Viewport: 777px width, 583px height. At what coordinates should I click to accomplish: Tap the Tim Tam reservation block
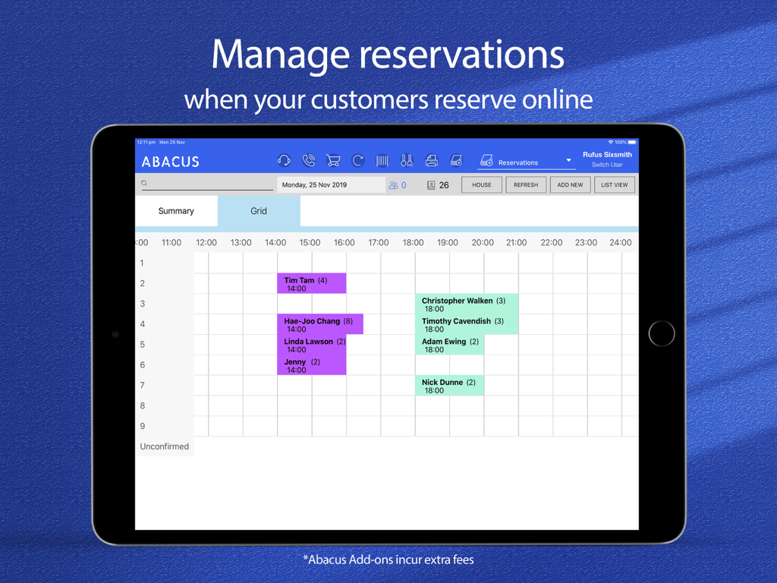pos(311,284)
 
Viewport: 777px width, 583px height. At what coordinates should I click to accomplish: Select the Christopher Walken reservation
pos(466,304)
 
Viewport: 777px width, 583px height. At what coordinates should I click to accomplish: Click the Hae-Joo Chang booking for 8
pos(319,325)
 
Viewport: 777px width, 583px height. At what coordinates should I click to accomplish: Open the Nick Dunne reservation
pos(449,386)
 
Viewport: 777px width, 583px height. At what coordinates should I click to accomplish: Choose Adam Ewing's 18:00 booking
pos(449,345)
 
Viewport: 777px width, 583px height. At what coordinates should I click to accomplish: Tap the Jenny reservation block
pos(311,366)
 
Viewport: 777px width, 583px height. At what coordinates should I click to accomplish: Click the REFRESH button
pos(526,184)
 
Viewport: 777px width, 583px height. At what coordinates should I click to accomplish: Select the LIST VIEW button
pos(615,184)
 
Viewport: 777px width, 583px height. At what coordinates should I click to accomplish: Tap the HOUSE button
pos(482,184)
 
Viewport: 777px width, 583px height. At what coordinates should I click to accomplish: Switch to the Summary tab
pos(176,211)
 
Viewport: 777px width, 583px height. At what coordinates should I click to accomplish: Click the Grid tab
pos(259,211)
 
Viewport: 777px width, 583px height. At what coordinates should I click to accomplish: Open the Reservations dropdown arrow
pos(568,161)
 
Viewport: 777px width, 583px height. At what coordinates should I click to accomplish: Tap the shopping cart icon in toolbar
pos(333,161)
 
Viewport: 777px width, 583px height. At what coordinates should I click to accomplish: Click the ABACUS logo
pos(171,162)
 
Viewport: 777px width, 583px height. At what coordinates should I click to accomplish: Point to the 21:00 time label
pos(517,243)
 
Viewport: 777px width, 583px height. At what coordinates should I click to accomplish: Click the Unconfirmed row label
pos(165,446)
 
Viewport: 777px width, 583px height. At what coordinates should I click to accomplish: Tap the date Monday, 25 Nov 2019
pos(314,185)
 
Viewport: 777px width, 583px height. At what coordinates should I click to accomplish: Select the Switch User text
pos(607,165)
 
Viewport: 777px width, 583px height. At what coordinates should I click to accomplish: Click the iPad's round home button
pos(662,333)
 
